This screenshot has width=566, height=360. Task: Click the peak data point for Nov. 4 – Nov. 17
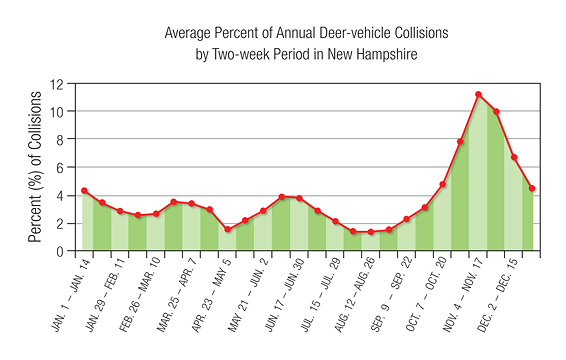[478, 95]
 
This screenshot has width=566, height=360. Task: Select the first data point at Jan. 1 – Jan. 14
[84, 191]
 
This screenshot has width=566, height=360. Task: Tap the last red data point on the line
[532, 188]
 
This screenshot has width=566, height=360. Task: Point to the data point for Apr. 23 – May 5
[227, 230]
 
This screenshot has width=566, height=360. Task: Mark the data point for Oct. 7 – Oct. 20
[442, 184]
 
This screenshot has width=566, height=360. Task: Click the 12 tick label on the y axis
[68, 83]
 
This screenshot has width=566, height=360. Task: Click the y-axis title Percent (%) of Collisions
[37, 165]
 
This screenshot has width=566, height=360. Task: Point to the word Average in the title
[189, 32]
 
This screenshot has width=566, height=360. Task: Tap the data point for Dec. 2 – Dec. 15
[514, 157]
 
